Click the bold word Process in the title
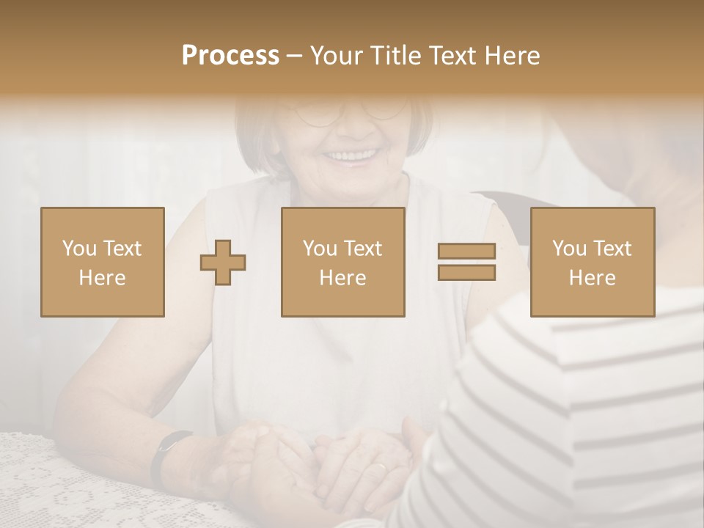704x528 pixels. pos(230,56)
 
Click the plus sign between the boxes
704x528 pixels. pos(223,262)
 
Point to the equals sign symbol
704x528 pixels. pos(466,262)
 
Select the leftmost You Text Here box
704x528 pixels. pos(103,262)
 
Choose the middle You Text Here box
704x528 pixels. pos(343,262)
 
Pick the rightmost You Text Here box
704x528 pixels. pos(593,262)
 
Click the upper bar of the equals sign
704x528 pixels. pos(466,252)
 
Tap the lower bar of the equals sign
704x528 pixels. pos(466,272)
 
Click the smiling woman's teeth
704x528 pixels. pos(351,155)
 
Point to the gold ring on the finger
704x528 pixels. pos(378,467)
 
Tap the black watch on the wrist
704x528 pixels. pos(162,455)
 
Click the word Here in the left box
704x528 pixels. pos(102,278)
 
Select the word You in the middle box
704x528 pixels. pos(320,249)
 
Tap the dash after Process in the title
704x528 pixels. pos(294,56)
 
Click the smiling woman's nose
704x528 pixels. pos(357,125)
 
